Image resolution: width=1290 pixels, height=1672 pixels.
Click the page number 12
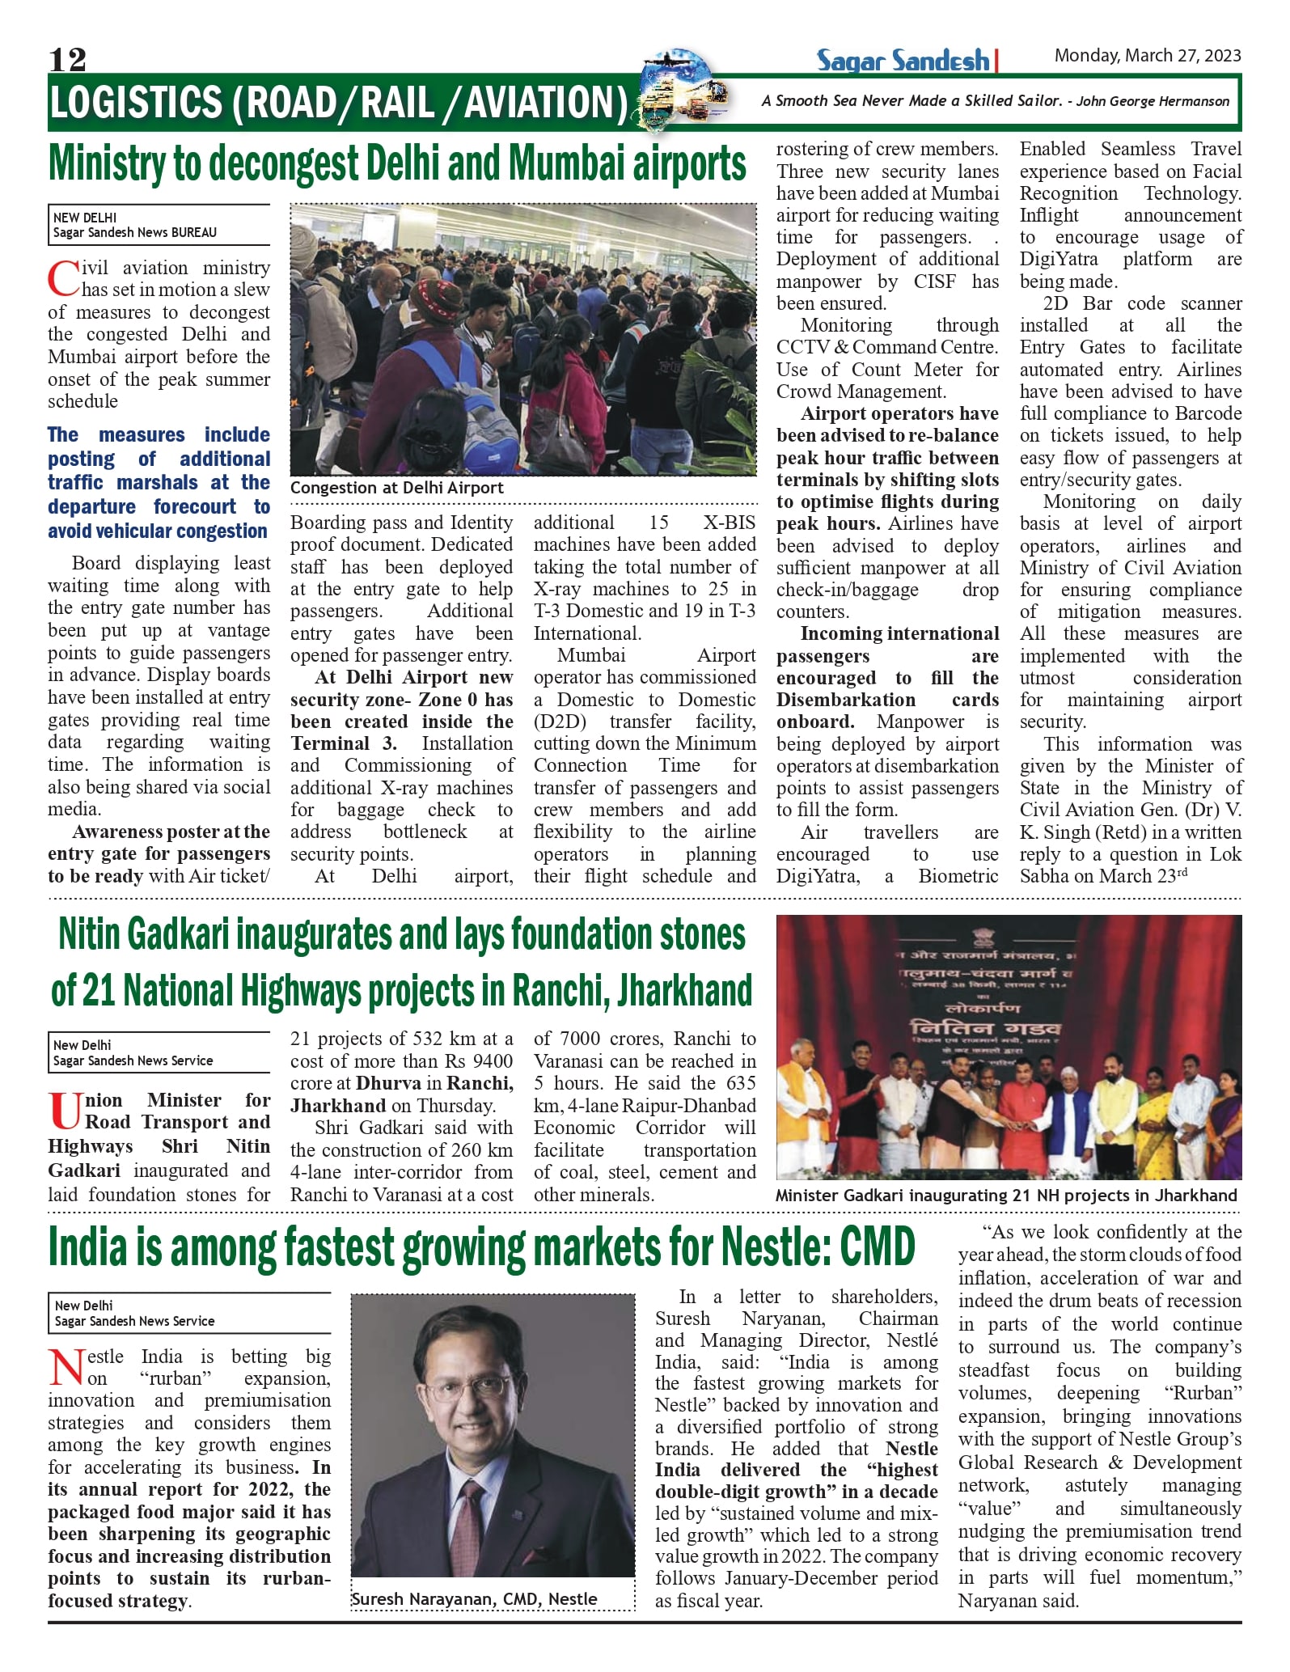pyautogui.click(x=67, y=59)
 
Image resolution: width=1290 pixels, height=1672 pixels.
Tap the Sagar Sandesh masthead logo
pyautogui.click(x=903, y=61)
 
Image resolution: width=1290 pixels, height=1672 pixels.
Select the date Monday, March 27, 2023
pyautogui.click(x=1147, y=55)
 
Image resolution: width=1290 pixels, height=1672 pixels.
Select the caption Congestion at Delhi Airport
pyautogui.click(x=396, y=488)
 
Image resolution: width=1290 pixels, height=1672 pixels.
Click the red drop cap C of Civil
pyautogui.click(x=62, y=279)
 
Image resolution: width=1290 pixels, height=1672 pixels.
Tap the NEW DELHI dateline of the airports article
pyautogui.click(x=85, y=218)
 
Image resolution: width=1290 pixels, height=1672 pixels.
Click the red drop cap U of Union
pyautogui.click(x=64, y=1111)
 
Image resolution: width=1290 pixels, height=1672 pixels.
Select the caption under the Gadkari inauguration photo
pyautogui.click(x=1005, y=1196)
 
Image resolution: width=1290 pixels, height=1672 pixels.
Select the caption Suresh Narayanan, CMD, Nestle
pyautogui.click(x=475, y=1599)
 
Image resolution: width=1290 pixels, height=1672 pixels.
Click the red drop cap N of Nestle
pyautogui.click(x=66, y=1368)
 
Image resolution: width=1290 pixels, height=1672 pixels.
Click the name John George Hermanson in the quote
pyautogui.click(x=1153, y=101)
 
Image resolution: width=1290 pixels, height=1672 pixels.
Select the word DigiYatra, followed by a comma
pyautogui.click(x=817, y=876)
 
